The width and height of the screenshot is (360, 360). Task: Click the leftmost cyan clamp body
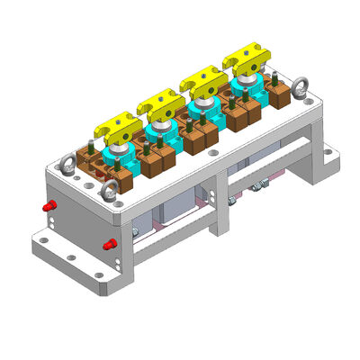coord(121,158)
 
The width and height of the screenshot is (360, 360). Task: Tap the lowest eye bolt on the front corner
coord(110,191)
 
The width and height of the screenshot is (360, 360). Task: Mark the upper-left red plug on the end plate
coord(50,206)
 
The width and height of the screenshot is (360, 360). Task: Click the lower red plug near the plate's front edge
coord(110,244)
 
